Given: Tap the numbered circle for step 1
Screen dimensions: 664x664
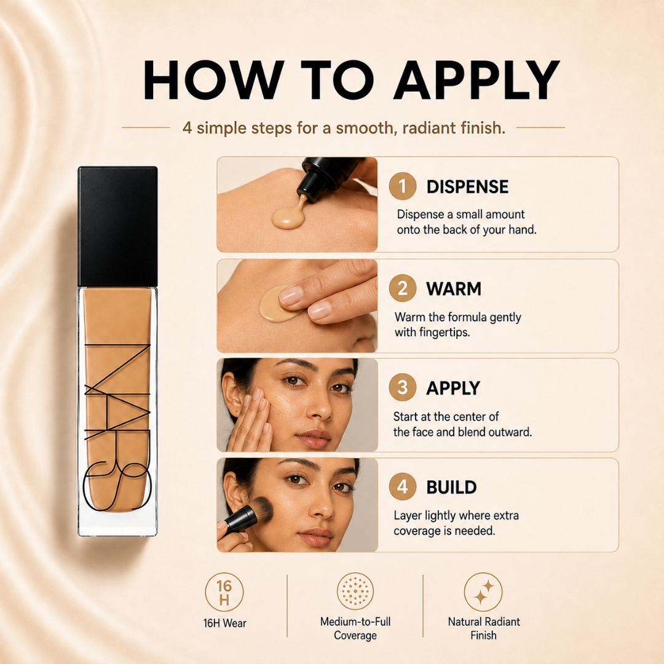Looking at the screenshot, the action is click(x=402, y=186).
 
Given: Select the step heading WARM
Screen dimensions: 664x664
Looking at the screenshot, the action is click(x=454, y=289).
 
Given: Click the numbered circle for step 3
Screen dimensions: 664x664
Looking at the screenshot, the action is click(x=402, y=387).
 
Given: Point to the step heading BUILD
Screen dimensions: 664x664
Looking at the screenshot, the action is click(x=451, y=488).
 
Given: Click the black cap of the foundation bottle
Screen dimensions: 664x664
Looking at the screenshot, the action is click(x=117, y=226).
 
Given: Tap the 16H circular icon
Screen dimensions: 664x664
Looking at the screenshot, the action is click(x=224, y=592).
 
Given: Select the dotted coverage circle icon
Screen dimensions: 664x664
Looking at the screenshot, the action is click(x=355, y=591).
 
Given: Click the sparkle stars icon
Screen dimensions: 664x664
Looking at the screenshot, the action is click(x=483, y=592).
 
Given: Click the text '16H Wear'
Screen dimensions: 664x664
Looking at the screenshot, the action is click(x=224, y=623).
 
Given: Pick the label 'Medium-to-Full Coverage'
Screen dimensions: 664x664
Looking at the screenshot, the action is click(x=355, y=628).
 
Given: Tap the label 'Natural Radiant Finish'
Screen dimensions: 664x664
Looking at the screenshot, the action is click(x=484, y=628).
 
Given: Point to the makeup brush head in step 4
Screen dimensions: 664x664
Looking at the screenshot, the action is click(x=261, y=510).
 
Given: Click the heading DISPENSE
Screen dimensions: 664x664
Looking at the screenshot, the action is click(x=467, y=187).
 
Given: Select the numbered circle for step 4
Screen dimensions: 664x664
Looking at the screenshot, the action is click(x=402, y=486).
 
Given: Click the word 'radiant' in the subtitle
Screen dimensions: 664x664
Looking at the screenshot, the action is click(x=422, y=128).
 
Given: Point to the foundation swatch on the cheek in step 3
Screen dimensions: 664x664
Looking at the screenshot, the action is click(x=280, y=402).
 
